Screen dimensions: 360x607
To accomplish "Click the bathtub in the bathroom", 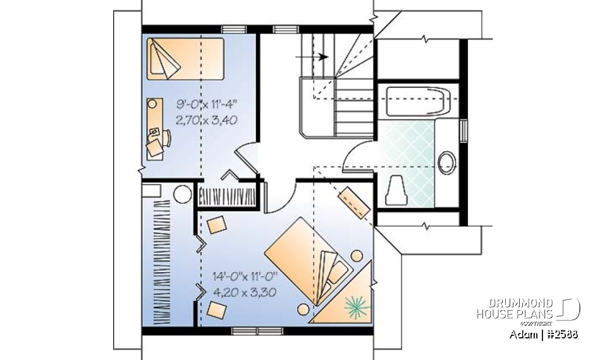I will (417, 101).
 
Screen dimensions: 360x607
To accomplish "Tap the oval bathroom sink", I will (447, 162).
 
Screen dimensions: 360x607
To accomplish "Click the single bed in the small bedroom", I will (186, 59).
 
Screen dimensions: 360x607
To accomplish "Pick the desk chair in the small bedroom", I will (156, 146).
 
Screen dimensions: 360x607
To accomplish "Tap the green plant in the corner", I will (357, 306).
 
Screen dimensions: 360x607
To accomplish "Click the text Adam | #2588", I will (543, 333).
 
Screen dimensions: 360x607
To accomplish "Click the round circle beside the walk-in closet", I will (183, 194).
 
